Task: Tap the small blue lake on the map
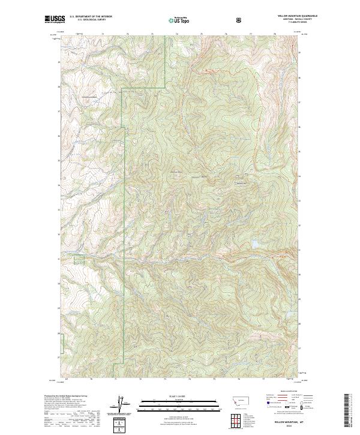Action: coord(256,245)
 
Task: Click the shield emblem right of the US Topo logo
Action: coord(241,20)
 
